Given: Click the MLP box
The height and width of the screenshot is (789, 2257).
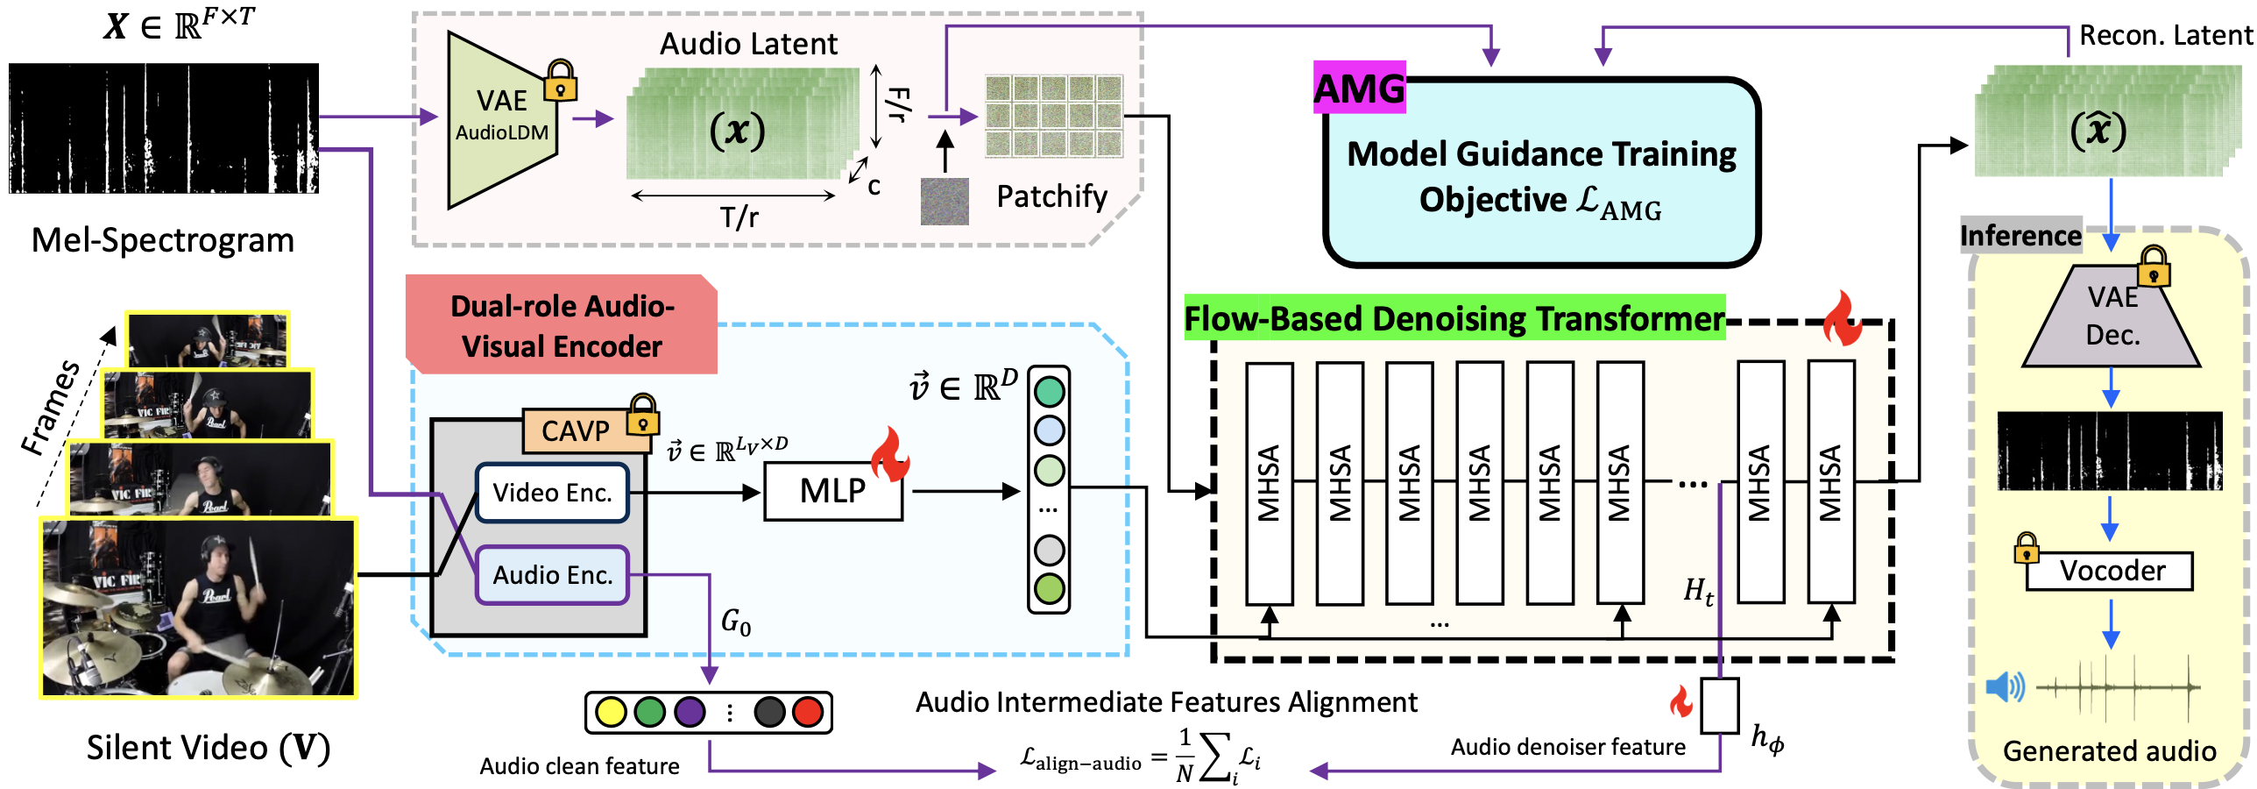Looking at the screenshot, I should coord(832,491).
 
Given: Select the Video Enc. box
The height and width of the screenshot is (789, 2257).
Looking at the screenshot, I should coord(552,493).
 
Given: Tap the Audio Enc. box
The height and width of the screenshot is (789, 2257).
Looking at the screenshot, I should coord(552,575).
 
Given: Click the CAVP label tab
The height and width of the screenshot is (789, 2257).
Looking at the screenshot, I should coord(576,430).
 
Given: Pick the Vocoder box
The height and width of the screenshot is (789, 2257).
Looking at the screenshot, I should coord(2112,571).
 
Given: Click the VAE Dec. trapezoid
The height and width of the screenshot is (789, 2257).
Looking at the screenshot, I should coord(2112,317).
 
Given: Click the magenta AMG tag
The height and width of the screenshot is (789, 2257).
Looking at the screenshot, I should coord(1359,88).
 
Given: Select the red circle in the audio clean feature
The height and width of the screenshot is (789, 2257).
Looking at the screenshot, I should coord(808,712).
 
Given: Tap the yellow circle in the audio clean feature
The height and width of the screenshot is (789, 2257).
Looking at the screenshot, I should coord(610,712).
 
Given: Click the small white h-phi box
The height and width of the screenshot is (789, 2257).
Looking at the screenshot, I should coord(1719,706).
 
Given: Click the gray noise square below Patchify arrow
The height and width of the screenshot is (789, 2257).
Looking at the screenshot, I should coord(945,202).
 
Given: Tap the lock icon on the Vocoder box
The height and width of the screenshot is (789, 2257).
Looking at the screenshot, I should coord(2026,549).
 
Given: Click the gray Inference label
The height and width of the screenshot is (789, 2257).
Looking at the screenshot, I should coord(2020,236).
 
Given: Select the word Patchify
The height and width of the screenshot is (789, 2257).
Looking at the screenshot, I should coord(1051,196).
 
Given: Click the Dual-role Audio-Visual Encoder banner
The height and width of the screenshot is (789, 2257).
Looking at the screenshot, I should coord(561,326).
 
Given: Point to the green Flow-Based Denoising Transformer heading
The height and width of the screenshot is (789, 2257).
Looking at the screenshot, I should coord(1454,318).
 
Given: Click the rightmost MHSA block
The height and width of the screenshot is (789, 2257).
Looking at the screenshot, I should coord(1830,482).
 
